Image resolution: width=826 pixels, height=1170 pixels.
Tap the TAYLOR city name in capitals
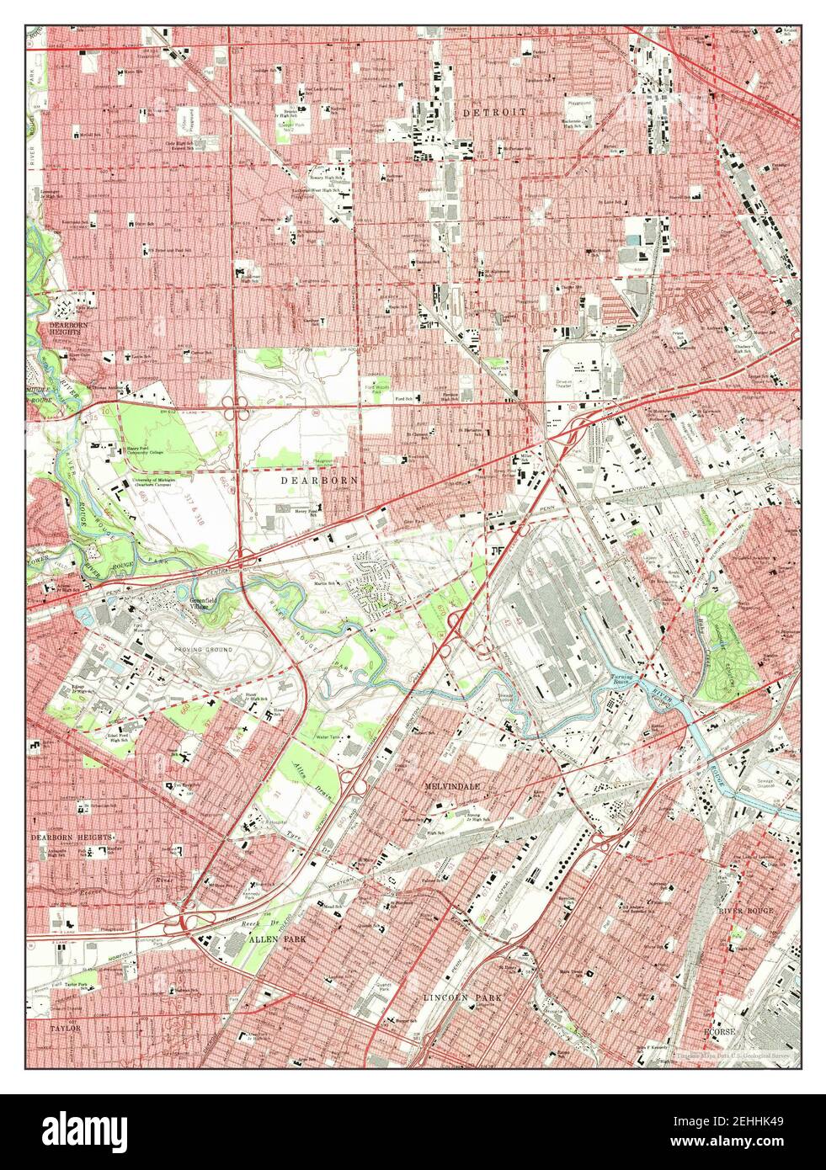[x=63, y=1029]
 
